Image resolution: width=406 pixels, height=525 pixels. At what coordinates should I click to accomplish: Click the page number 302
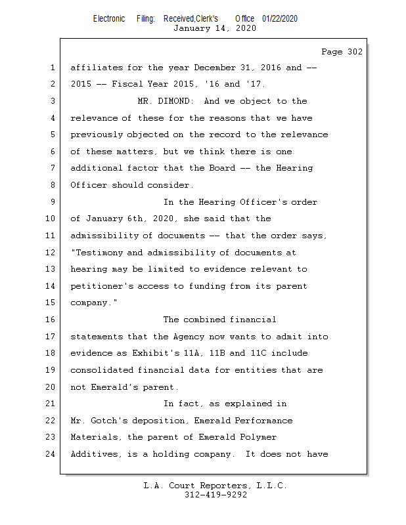(352, 52)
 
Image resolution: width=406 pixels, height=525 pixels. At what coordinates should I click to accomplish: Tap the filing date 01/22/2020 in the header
(279, 18)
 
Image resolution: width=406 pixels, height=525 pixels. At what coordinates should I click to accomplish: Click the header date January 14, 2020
(215, 28)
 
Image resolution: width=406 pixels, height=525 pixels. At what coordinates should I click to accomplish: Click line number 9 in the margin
(52, 202)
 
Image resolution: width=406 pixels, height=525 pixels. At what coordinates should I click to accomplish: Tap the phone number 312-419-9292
(215, 495)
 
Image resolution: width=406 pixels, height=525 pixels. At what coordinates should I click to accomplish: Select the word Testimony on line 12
(99, 253)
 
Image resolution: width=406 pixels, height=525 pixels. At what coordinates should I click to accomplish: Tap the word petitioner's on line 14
(102, 286)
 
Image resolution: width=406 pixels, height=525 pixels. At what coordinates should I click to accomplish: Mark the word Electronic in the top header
(109, 18)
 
